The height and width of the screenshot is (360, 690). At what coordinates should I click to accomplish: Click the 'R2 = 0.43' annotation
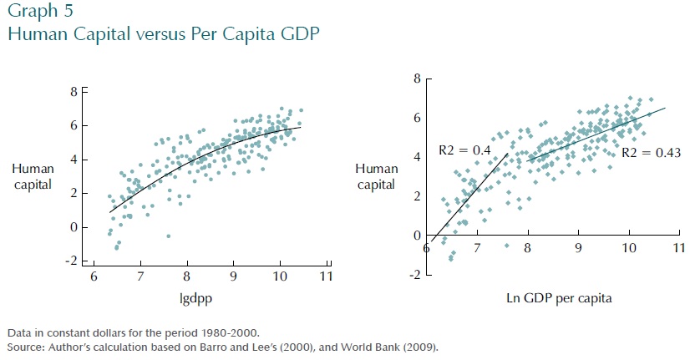click(x=652, y=154)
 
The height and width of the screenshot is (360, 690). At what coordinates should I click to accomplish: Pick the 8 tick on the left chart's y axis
click(x=73, y=92)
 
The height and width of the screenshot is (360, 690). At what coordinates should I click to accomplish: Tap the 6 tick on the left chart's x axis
click(x=93, y=276)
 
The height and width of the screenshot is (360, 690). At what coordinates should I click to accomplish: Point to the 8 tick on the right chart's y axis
click(x=415, y=79)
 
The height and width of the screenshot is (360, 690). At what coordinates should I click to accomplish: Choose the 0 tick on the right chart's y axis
click(x=415, y=236)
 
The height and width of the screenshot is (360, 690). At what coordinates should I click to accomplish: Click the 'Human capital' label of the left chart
click(x=33, y=176)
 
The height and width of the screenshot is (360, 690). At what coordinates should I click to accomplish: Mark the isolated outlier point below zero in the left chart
click(x=168, y=236)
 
